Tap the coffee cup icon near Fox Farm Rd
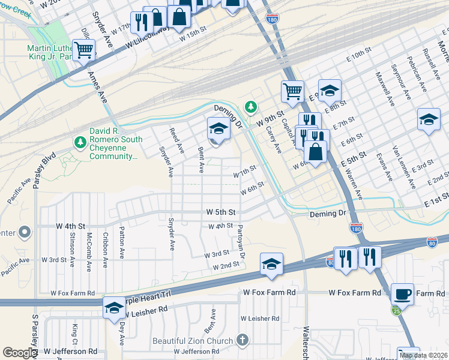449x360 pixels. [x=402, y=294]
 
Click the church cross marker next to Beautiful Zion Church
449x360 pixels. [x=243, y=340]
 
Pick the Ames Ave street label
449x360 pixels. [x=95, y=88]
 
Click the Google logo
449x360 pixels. [x=20, y=353]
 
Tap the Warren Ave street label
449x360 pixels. [x=352, y=185]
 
